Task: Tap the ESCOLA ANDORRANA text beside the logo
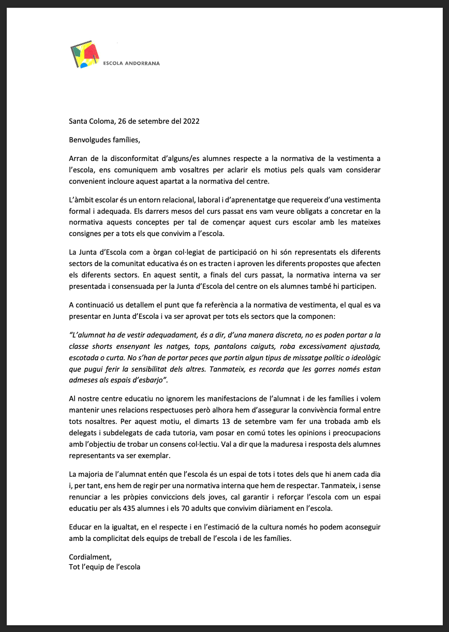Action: [132, 64]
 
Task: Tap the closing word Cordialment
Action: [89, 557]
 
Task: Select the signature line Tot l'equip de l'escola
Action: [104, 567]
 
